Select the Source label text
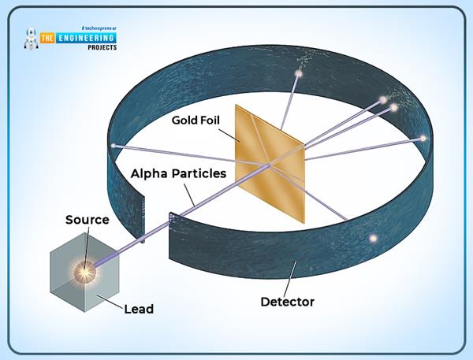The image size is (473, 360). (87, 220)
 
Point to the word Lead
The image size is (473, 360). (139, 310)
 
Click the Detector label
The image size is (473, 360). (287, 302)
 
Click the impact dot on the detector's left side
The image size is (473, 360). (115, 145)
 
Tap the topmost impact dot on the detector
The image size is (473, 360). (298, 74)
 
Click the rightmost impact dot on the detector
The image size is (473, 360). (423, 139)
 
